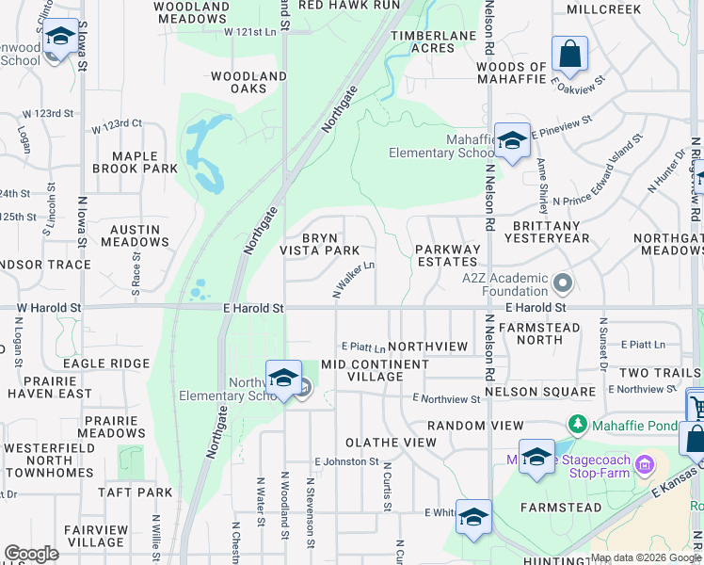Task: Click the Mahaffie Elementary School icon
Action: (511, 141)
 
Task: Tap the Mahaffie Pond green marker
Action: (580, 426)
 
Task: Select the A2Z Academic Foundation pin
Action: (563, 282)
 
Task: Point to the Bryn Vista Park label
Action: (319, 244)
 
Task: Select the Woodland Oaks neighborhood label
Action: (248, 82)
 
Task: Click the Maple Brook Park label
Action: (135, 162)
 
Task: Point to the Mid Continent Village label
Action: (375, 370)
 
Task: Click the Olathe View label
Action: (391, 442)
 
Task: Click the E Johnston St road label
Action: (346, 462)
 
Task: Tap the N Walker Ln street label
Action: (354, 281)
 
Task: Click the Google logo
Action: (31, 554)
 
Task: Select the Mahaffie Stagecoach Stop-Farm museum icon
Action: (645, 463)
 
